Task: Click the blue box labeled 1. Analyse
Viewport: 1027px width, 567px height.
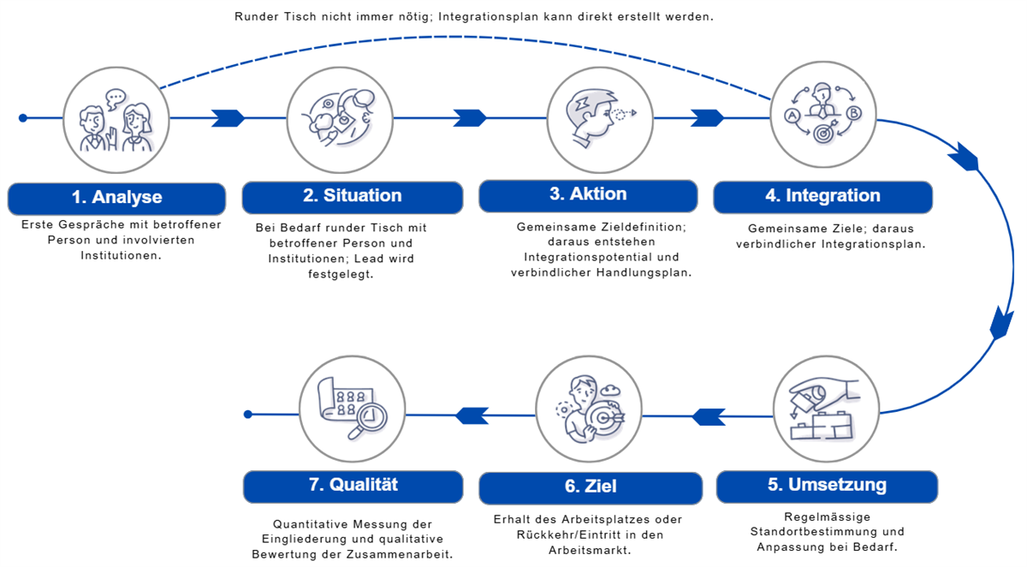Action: point(116,198)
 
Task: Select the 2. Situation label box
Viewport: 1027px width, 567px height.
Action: point(352,196)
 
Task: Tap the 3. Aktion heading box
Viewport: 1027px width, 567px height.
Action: point(587,194)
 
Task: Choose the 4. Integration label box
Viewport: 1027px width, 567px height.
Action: point(822,196)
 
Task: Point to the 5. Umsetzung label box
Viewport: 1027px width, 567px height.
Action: point(826,486)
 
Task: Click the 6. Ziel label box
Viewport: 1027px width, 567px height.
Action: point(590,486)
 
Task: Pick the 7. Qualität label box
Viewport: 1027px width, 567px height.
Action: point(353,485)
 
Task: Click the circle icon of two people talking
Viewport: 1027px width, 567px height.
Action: point(116,118)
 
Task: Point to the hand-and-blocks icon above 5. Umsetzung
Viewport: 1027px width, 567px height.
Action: point(825,408)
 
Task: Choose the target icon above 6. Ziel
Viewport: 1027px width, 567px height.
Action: point(589,413)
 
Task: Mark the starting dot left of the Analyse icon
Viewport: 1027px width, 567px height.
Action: point(23,118)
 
